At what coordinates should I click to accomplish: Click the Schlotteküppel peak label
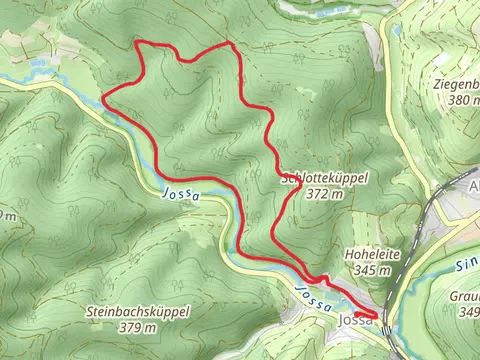(x=325, y=177)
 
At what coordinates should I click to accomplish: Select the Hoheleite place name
(x=371, y=256)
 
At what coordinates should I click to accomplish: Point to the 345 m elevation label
(x=371, y=270)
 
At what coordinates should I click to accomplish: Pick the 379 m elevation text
(x=135, y=327)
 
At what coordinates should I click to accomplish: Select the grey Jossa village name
(x=356, y=320)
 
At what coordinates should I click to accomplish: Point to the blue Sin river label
(x=468, y=267)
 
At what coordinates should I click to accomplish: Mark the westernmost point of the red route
(x=104, y=97)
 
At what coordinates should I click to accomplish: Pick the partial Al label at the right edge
(x=473, y=186)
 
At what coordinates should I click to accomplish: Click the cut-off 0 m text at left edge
(x=7, y=215)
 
